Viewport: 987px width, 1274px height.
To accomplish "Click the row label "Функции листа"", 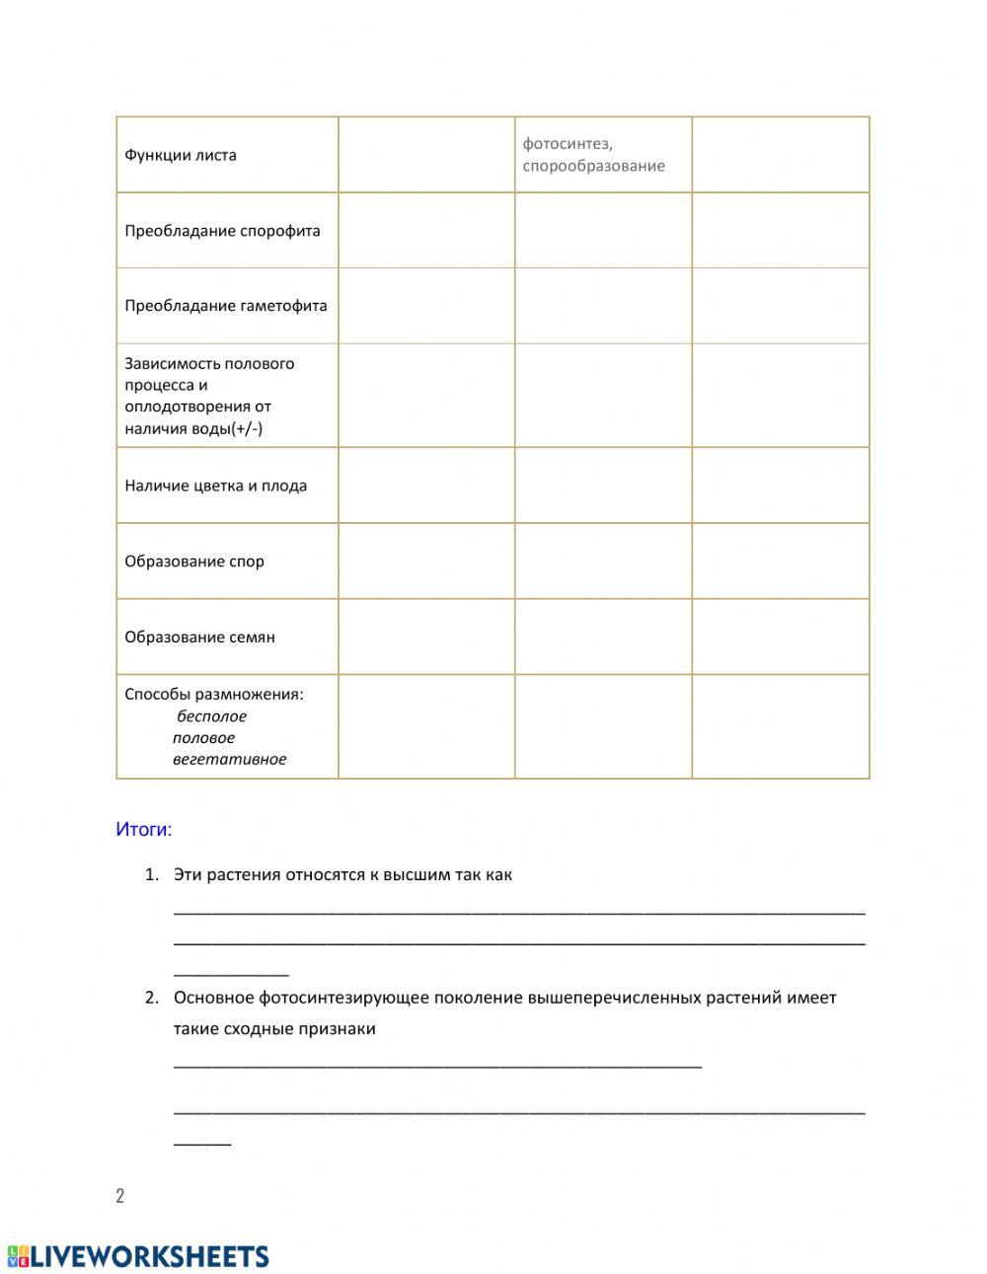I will pyautogui.click(x=181, y=155).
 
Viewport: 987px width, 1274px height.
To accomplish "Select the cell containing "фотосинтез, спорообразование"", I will pyautogui.click(x=593, y=155).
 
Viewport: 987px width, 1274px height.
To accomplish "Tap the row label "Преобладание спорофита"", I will pyautogui.click(x=222, y=231).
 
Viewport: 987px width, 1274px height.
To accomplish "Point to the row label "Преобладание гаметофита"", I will pyautogui.click(x=225, y=306).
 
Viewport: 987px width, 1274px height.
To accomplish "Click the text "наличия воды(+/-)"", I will pyautogui.click(x=193, y=428).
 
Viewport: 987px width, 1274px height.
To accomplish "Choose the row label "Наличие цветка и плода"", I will pyautogui.click(x=215, y=486).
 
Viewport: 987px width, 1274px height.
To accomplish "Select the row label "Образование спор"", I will pyautogui.click(x=194, y=562).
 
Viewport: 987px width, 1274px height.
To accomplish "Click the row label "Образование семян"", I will pyautogui.click(x=199, y=637).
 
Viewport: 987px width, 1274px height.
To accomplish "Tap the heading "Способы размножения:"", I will pyautogui.click(x=214, y=695).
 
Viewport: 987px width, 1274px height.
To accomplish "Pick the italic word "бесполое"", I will pyautogui.click(x=211, y=716).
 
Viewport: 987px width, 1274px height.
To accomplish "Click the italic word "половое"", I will pyautogui.click(x=203, y=738).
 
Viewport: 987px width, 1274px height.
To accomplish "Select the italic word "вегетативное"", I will pyautogui.click(x=229, y=760).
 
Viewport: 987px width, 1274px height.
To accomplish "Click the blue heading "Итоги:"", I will pyautogui.click(x=144, y=830).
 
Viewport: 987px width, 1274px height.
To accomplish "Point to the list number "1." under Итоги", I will pyautogui.click(x=151, y=874).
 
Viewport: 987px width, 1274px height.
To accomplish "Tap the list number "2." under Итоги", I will pyautogui.click(x=151, y=998).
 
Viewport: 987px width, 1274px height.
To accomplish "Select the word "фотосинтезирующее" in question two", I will pyautogui.click(x=353, y=998).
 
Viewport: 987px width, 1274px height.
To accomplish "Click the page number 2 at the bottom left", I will pyautogui.click(x=120, y=1196).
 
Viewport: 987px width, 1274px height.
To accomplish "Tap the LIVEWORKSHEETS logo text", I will pyautogui.click(x=148, y=1256).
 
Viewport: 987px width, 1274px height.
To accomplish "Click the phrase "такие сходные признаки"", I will pyautogui.click(x=274, y=1029).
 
